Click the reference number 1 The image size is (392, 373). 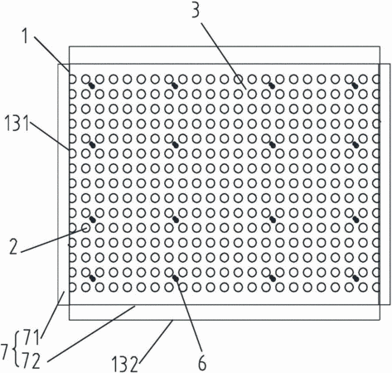[x=26, y=36]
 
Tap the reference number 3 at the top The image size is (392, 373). [x=196, y=11]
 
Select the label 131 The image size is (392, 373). [x=17, y=124]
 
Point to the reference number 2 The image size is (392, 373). [x=14, y=247]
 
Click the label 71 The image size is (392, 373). [x=32, y=337]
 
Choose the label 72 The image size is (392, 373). [x=31, y=361]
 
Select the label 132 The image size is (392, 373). [x=124, y=365]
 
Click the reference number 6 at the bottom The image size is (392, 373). [x=202, y=363]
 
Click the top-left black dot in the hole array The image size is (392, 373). [x=93, y=86]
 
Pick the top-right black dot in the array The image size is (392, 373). [x=356, y=86]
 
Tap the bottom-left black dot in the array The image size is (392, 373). [x=93, y=279]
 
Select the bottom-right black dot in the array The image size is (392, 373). [x=356, y=279]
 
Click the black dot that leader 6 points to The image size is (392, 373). [x=176, y=279]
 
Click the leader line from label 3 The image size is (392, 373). [x=224, y=56]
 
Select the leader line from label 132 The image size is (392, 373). [x=155, y=342]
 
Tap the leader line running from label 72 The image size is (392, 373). [x=91, y=333]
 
